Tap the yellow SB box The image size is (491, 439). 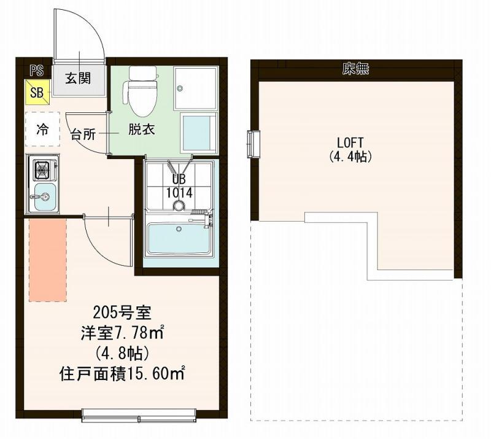coord(37,93)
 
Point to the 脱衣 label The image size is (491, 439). coord(141,130)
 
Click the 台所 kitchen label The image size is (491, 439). coord(83,135)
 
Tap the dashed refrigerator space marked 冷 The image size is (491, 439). coord(42,130)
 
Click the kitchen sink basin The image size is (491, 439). coord(44,196)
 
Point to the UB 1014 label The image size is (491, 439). coord(179,186)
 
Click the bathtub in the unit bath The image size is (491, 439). coord(179,239)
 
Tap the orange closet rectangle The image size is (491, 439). coord(47,259)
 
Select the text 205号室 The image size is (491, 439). coord(122,313)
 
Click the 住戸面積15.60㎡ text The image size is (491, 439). coord(122,373)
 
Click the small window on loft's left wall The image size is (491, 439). coord(253,144)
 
